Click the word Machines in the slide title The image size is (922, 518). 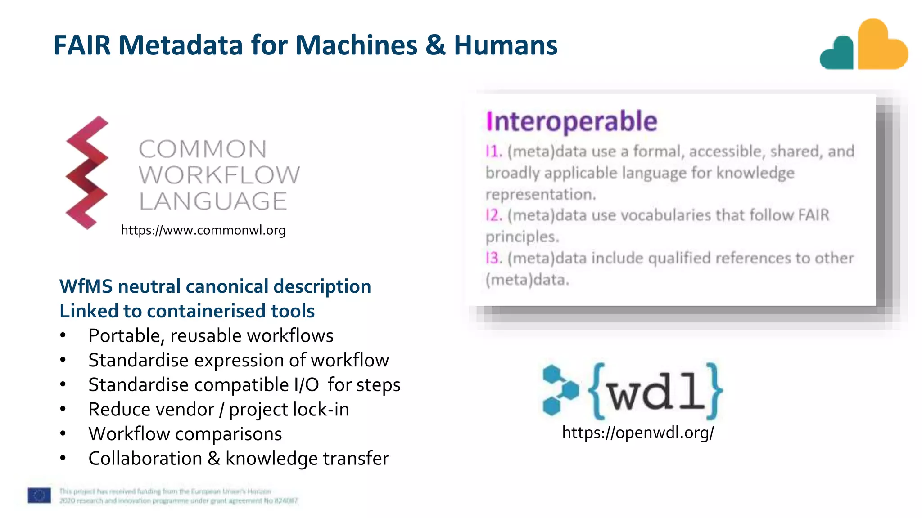tap(356, 45)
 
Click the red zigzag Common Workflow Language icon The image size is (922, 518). tap(87, 173)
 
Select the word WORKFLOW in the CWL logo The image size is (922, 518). tap(219, 175)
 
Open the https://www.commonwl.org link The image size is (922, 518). tap(203, 230)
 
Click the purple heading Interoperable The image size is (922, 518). tap(571, 121)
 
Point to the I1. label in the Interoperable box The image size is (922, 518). tap(493, 151)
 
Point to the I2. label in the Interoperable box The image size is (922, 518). tap(493, 215)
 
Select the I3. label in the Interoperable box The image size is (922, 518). tap(493, 258)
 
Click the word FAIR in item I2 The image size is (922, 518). tap(814, 215)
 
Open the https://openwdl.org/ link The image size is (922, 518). tap(637, 433)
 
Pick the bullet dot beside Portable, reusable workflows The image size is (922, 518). tap(63, 335)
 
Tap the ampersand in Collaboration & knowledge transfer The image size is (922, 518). tap(213, 459)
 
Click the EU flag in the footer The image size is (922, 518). tap(39, 496)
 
